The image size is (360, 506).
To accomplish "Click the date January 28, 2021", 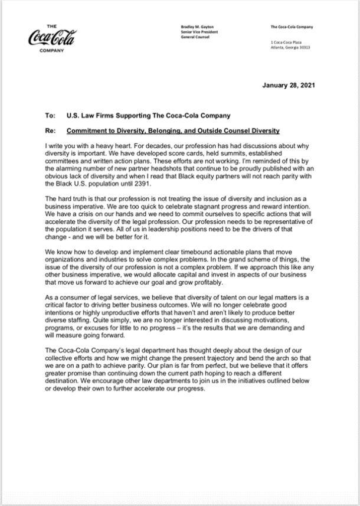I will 289,86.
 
